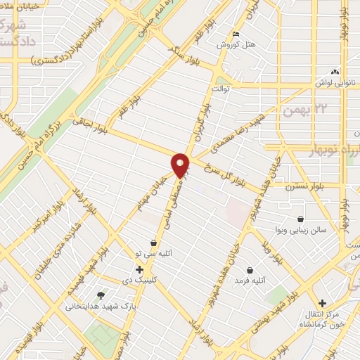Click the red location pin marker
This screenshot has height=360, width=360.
181,165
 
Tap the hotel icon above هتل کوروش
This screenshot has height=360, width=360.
236,34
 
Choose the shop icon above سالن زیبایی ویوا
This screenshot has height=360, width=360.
301,219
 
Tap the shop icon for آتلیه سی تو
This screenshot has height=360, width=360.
153,243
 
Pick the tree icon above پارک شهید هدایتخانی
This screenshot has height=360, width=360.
100,295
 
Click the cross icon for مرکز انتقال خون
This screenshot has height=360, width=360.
322,302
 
